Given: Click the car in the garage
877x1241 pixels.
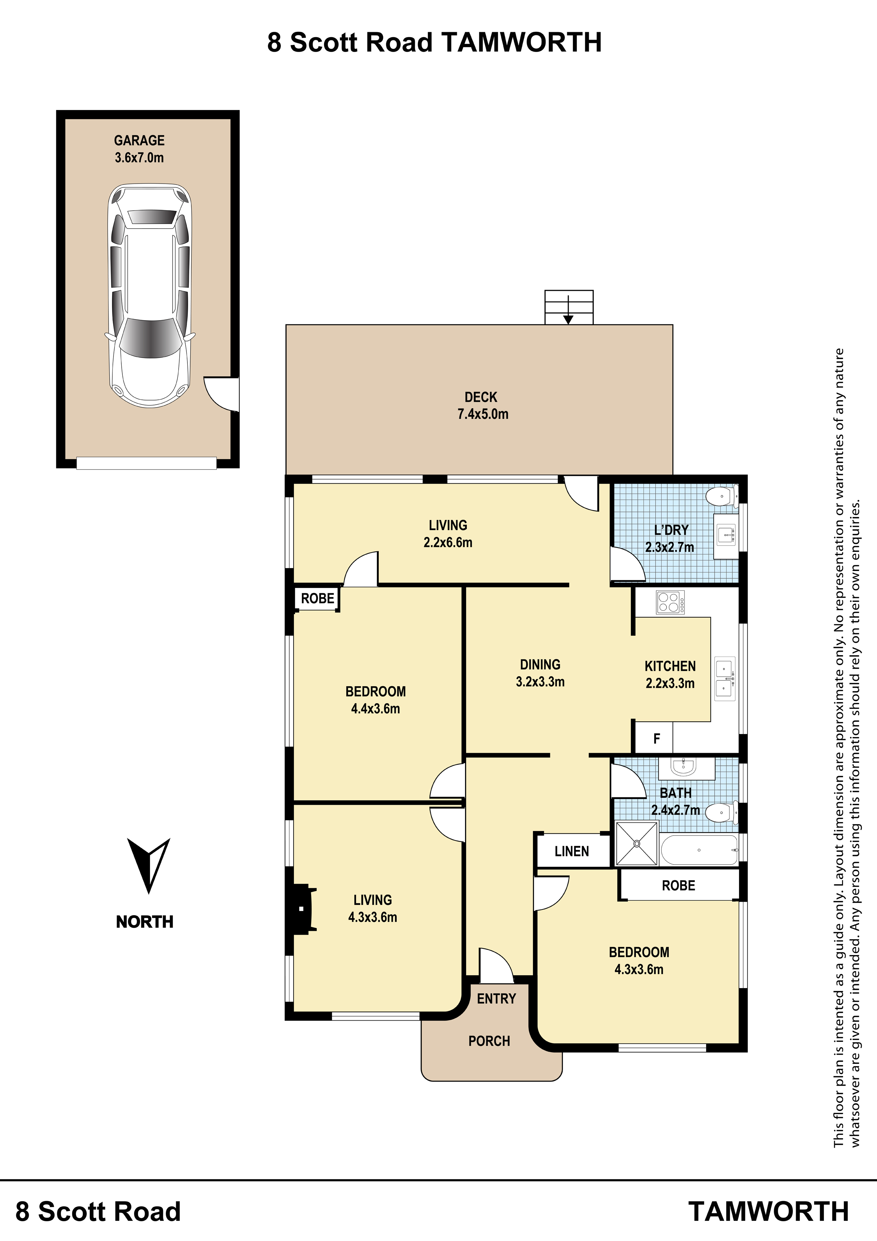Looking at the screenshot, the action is [150, 295].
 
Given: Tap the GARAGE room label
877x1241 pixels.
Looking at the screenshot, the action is [139, 140].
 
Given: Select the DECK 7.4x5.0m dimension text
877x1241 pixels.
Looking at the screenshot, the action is [483, 414].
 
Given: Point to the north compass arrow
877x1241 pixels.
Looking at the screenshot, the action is [148, 865].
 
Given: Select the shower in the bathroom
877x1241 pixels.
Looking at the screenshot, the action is [637, 843].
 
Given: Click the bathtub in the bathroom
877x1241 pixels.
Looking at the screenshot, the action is [699, 850].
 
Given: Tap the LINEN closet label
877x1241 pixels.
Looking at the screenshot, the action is [572, 851].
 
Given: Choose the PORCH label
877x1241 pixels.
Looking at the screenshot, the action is [489, 1040].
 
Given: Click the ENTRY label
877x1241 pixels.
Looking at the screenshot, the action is [496, 998].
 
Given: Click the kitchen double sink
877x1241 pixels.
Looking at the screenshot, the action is [725, 679].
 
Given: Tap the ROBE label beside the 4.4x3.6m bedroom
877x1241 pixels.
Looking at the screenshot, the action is [318, 598].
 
